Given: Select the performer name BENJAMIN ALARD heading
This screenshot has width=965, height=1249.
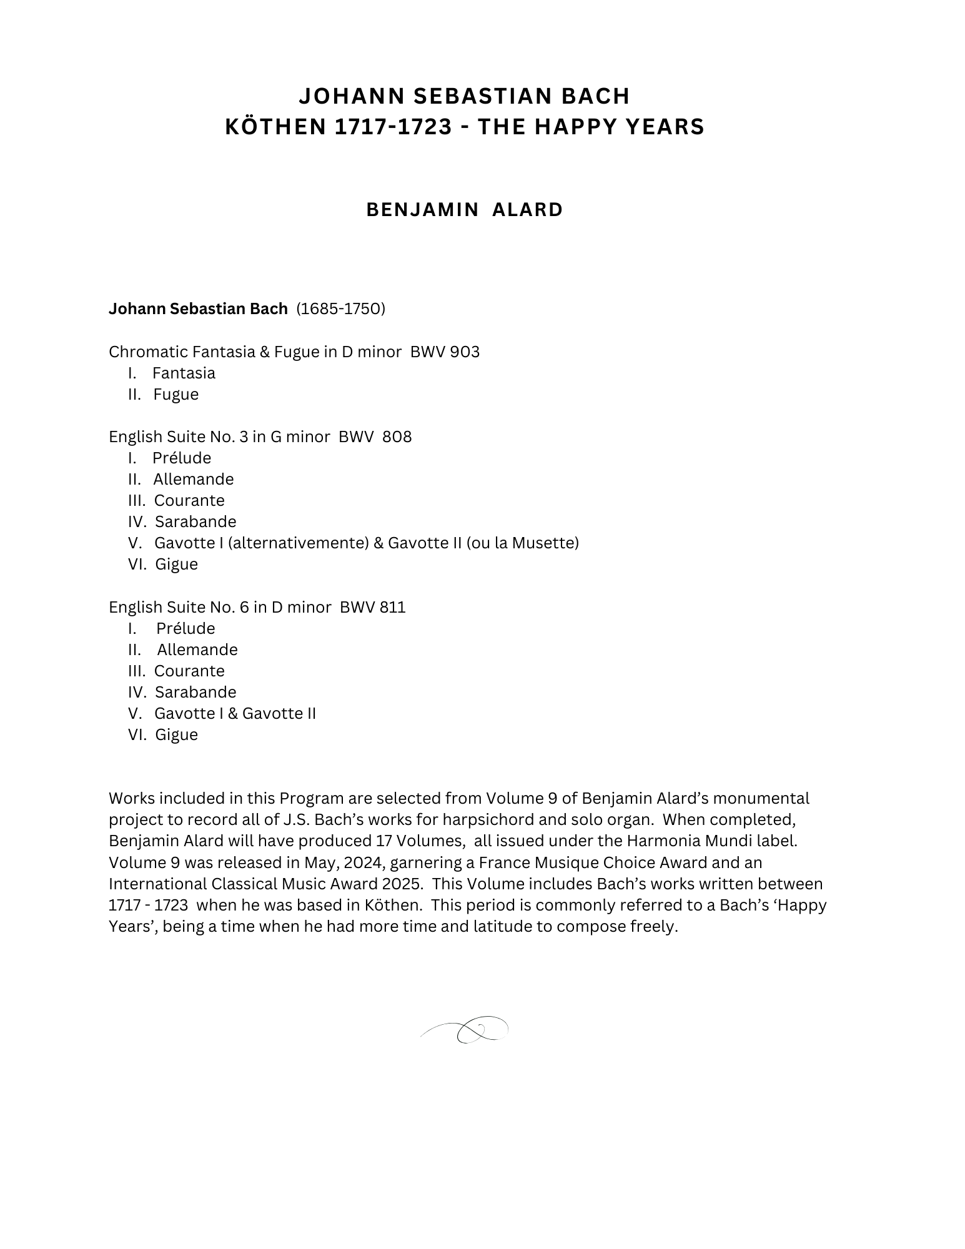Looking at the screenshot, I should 464,210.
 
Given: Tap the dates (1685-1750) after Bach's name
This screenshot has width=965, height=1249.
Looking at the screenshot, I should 340,309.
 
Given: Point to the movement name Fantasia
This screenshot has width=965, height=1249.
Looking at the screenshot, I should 184,373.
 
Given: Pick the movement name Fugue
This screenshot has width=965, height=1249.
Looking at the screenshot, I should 176,394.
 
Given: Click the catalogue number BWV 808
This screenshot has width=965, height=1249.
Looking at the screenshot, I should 375,437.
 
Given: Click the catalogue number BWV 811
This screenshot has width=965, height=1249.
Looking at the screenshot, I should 373,607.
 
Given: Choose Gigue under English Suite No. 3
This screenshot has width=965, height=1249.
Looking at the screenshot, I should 176,564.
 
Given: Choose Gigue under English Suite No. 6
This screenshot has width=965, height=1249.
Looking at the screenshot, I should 176,734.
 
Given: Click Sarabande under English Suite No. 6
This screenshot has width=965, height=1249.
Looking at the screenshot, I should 195,692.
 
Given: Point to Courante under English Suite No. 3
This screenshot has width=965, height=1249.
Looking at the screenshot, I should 189,500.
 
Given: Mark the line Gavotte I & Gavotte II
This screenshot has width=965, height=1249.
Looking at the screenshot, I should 235,713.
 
